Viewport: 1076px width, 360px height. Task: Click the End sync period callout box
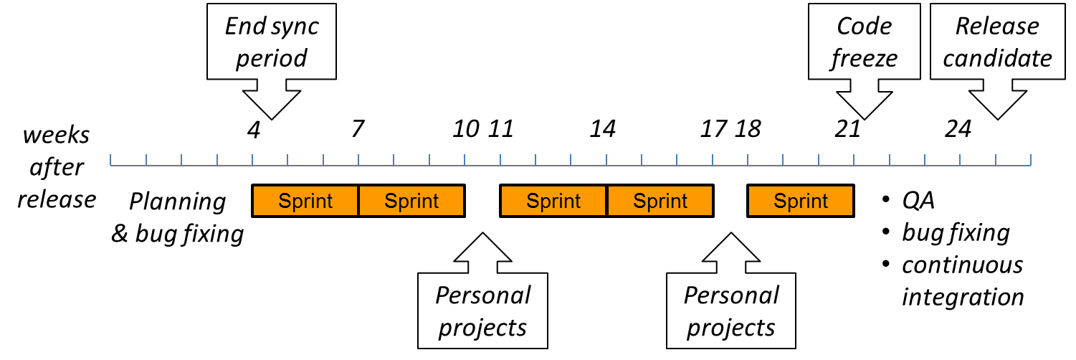click(271, 42)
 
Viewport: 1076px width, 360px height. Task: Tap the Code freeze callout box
click(864, 42)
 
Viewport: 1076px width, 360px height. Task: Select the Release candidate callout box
click(997, 42)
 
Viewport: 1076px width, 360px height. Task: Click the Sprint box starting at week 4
click(305, 201)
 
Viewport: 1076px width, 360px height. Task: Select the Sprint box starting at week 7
click(411, 201)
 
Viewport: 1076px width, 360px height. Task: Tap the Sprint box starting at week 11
click(553, 201)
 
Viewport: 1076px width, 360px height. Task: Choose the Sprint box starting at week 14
click(660, 201)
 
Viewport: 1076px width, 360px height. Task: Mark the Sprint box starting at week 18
click(801, 201)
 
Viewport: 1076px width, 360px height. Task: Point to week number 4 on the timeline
click(253, 129)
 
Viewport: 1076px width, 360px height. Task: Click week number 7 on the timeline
click(358, 129)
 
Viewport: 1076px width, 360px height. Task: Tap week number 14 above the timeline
click(603, 129)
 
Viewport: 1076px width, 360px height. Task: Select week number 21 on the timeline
click(847, 129)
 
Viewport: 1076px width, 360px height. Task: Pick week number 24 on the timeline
click(958, 129)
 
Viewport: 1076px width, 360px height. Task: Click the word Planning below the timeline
click(177, 202)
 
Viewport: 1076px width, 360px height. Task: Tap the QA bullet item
click(918, 201)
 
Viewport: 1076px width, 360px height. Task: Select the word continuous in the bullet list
click(962, 265)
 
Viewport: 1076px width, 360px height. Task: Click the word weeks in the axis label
click(56, 135)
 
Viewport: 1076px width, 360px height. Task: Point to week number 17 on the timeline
click(713, 129)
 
